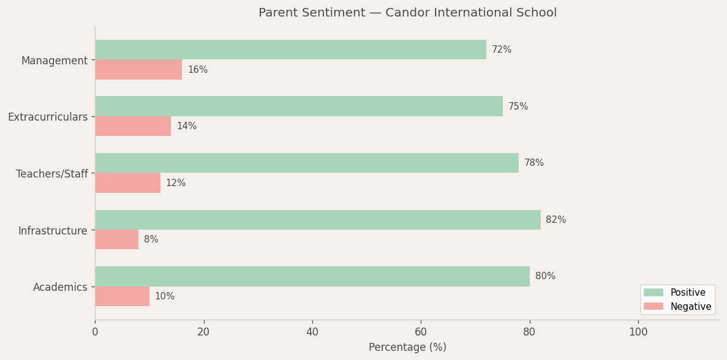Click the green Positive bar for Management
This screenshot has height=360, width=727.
(x=290, y=50)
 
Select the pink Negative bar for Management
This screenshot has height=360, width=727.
(x=138, y=70)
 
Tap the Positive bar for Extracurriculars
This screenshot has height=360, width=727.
(x=299, y=107)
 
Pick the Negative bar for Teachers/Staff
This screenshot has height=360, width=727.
(x=127, y=183)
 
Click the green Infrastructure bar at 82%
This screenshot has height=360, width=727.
(x=318, y=220)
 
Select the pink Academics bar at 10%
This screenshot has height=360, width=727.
(x=122, y=296)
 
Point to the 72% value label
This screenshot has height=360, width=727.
(x=502, y=50)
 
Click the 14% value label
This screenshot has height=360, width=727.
(x=187, y=126)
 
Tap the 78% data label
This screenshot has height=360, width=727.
(x=534, y=163)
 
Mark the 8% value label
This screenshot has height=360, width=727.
(x=151, y=239)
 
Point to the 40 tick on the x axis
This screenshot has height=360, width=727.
(x=312, y=332)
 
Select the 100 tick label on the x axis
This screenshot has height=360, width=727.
(x=638, y=332)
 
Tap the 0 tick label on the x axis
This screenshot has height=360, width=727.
(x=95, y=332)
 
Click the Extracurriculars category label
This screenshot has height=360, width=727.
(x=48, y=117)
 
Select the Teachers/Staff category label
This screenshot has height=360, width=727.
(x=52, y=174)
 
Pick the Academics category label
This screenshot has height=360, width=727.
(x=60, y=287)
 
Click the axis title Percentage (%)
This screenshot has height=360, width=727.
(x=407, y=347)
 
